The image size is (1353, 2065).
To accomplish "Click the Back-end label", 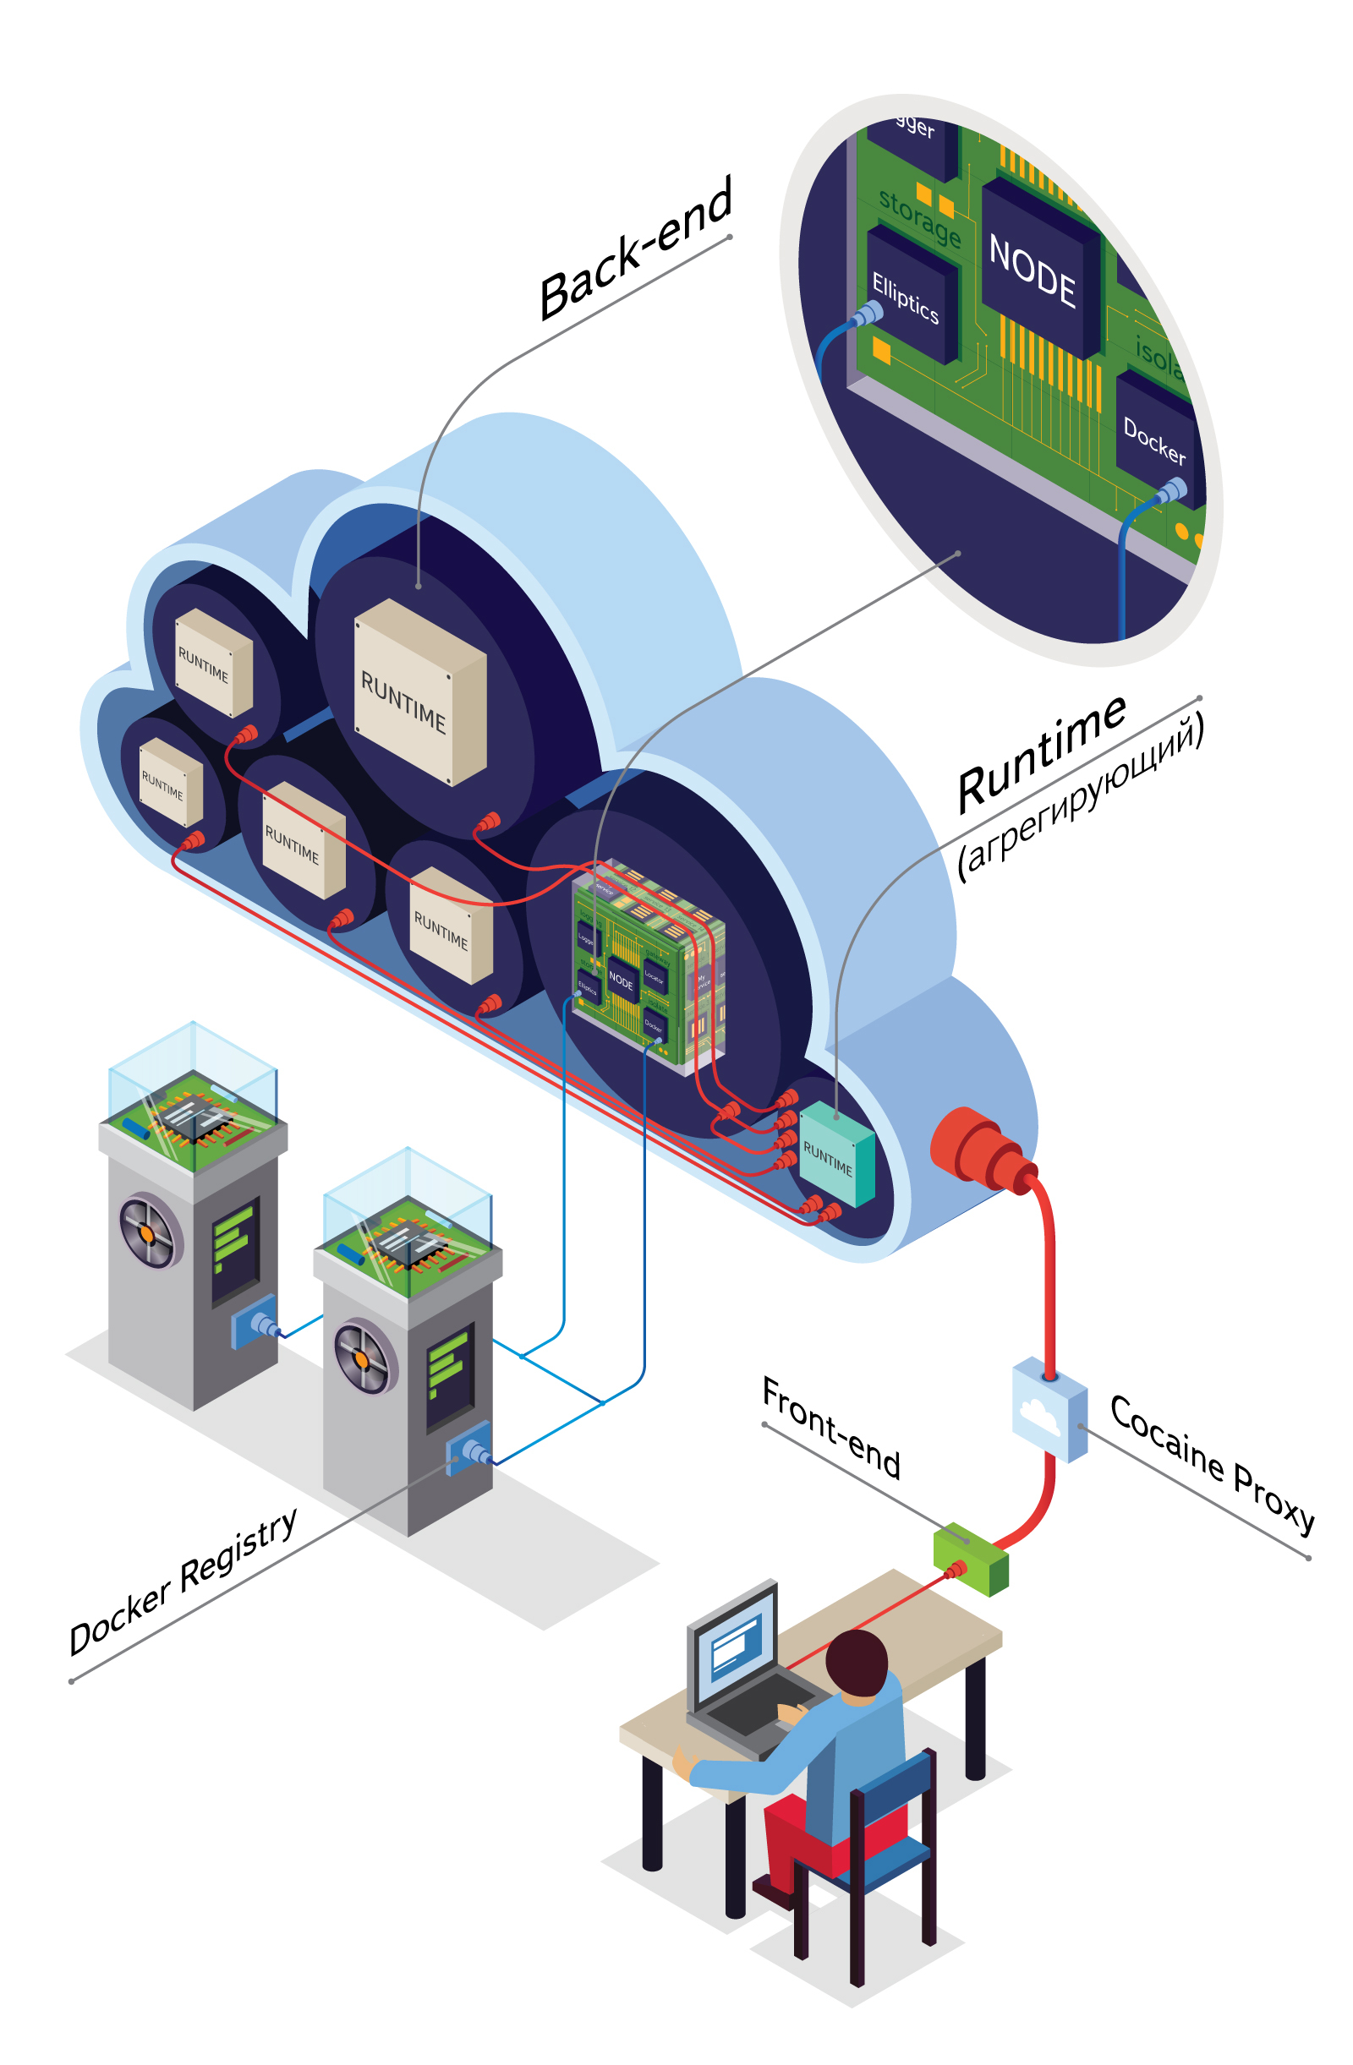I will [x=635, y=249].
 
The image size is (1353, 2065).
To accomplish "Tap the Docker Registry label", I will [x=184, y=1582].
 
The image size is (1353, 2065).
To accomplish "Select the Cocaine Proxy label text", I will [x=1212, y=1463].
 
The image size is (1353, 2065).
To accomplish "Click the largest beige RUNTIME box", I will [x=419, y=691].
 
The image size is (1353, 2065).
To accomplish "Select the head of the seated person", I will [x=857, y=1663].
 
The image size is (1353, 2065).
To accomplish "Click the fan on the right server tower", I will [x=364, y=1358].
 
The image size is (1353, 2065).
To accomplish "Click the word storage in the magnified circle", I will [x=920, y=216].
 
